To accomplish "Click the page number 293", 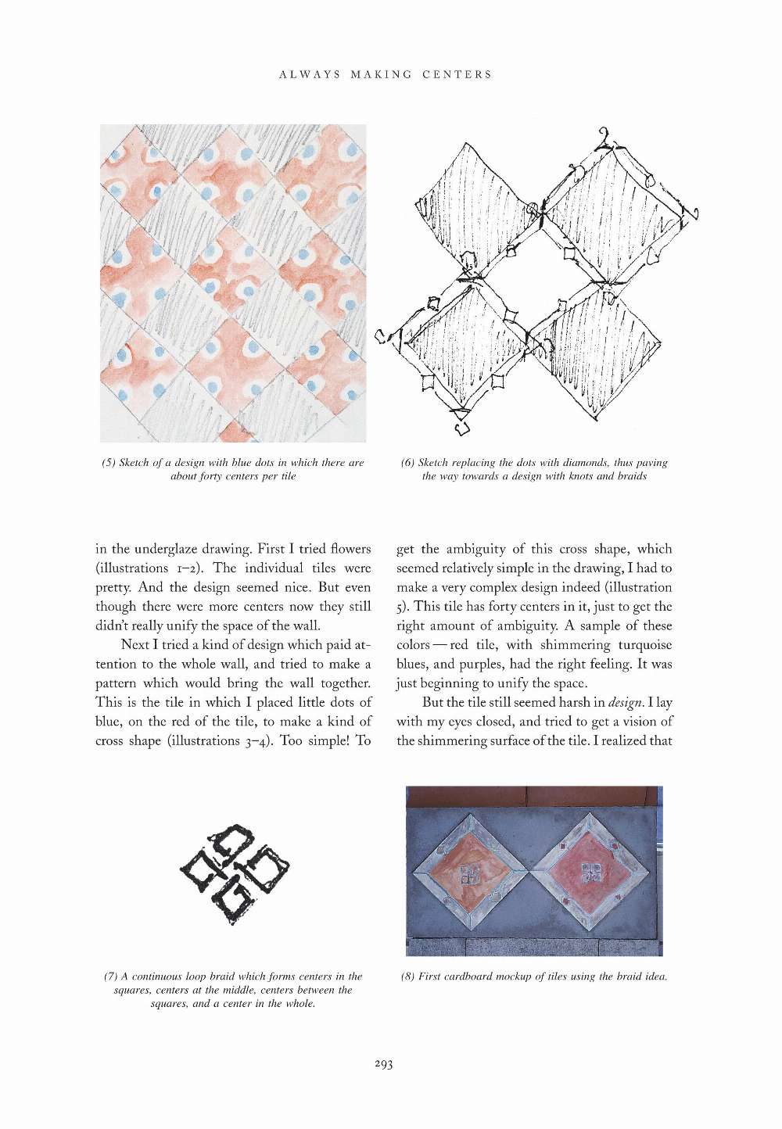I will click(383, 1064).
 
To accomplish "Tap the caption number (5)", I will click(109, 463).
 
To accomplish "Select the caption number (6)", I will click(407, 463).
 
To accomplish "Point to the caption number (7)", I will click(110, 976).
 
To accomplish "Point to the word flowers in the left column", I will click(354, 549).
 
